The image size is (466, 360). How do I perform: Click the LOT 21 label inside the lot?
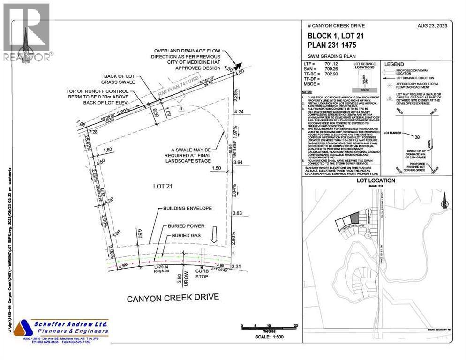[x=163, y=186]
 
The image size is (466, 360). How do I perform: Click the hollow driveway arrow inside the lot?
[x=213, y=233]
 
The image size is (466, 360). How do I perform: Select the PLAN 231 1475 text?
[x=332, y=45]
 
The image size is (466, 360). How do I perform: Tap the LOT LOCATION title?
[x=376, y=180]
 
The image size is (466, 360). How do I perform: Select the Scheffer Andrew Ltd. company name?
[x=71, y=324]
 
